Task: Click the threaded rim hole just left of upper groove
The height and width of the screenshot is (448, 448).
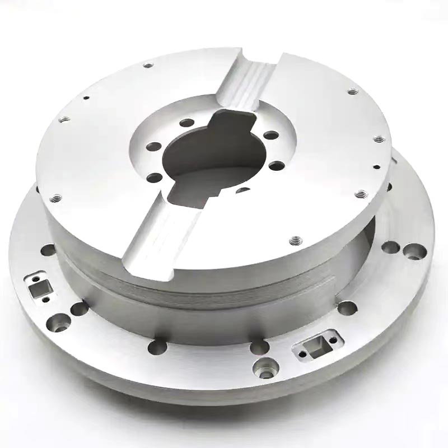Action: [148, 66]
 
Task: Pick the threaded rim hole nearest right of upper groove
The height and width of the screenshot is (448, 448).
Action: [353, 91]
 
